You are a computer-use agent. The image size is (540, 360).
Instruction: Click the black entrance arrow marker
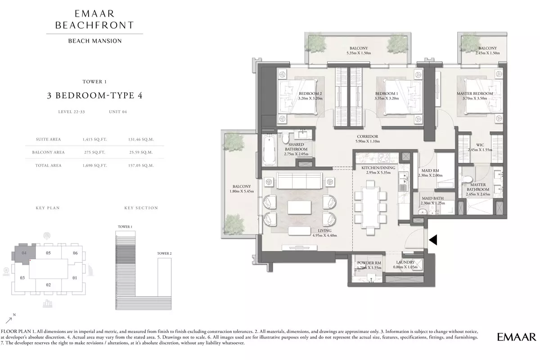[x=433, y=240]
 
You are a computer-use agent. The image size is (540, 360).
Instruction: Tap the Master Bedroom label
[x=475, y=94]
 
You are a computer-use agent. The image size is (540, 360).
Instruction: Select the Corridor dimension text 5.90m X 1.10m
[x=367, y=141]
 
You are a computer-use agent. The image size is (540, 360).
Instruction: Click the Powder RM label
[x=369, y=263]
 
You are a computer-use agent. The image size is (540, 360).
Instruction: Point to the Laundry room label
[x=405, y=262]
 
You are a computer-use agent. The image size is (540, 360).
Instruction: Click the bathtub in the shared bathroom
[x=270, y=149]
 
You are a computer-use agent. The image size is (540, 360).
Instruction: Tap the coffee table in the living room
[x=299, y=207]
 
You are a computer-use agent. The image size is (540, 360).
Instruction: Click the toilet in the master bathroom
[x=467, y=180]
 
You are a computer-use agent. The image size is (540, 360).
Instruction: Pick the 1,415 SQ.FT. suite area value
[x=94, y=139]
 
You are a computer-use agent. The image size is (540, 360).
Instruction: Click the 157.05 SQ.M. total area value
[x=141, y=166]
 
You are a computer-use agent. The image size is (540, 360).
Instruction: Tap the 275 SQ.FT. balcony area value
[x=94, y=153]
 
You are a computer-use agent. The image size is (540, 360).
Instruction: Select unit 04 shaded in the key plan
[x=24, y=254]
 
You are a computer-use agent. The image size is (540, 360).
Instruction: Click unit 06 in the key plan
[x=75, y=253]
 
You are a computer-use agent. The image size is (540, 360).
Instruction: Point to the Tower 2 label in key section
[x=164, y=253]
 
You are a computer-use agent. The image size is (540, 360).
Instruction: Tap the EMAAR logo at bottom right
[x=517, y=337]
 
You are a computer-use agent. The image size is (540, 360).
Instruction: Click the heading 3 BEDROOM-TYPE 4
[x=95, y=95]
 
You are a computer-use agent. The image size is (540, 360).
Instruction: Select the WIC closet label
[x=480, y=145]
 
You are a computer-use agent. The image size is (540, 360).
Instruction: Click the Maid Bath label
[x=432, y=198]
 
